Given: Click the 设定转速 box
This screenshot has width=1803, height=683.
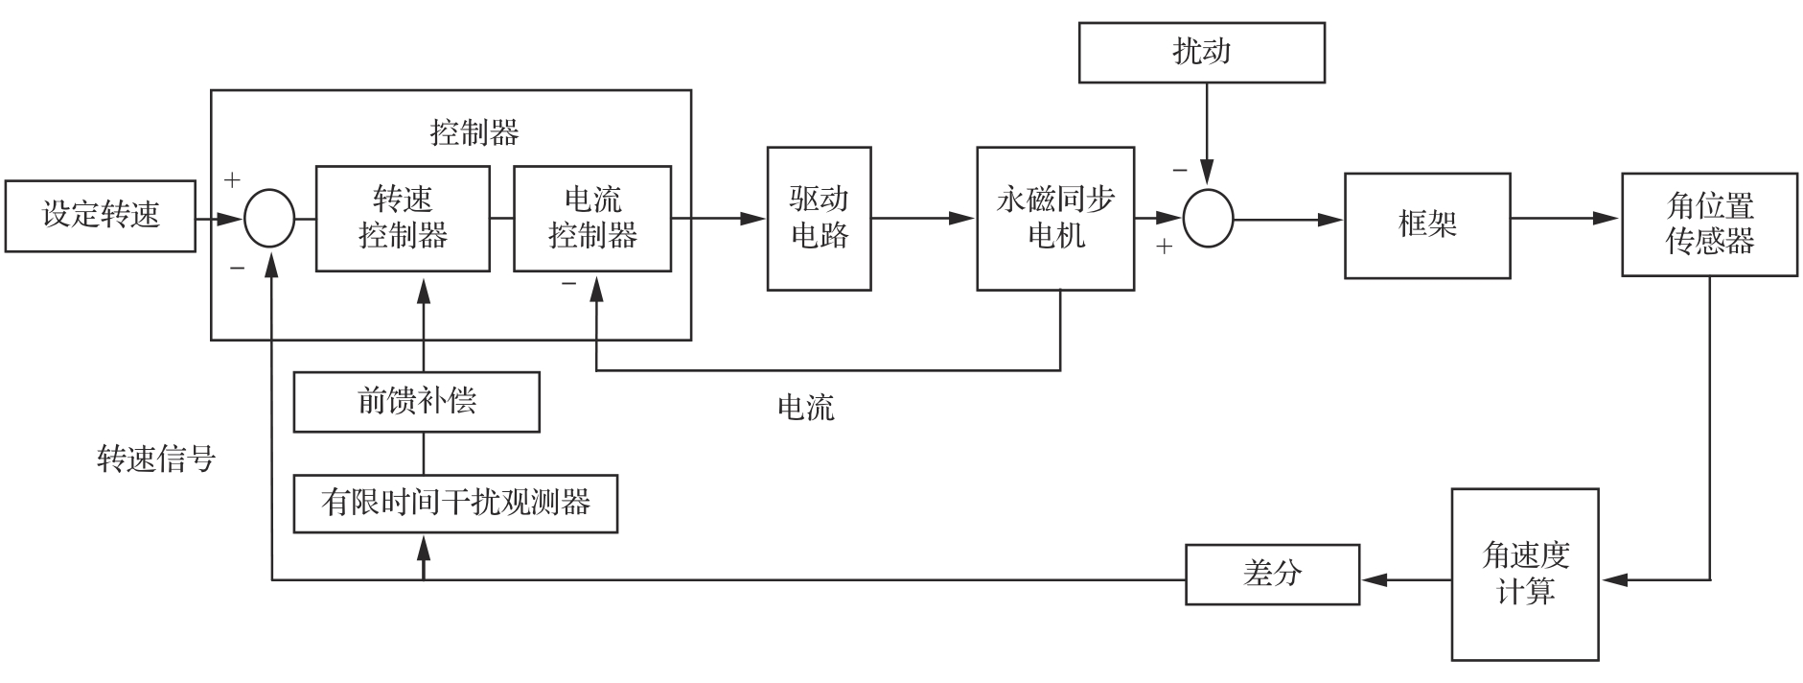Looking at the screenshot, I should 101,216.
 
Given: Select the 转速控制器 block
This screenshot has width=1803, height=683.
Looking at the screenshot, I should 403,219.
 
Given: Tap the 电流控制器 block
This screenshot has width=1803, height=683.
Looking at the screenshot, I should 592,219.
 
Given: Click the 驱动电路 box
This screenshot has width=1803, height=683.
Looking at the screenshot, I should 820,219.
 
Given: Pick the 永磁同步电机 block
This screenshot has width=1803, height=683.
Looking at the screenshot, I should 1055,219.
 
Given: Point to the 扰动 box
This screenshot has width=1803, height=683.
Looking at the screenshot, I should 1202,53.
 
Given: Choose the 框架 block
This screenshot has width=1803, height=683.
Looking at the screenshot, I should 1427,225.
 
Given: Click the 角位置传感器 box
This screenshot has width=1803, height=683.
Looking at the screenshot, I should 1709,224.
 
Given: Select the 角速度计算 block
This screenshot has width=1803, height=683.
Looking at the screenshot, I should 1525,575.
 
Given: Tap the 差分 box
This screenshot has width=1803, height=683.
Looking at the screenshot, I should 1272,575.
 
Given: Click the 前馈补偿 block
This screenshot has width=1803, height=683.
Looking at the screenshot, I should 416,402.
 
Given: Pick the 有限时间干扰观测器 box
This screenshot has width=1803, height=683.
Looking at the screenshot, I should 455,504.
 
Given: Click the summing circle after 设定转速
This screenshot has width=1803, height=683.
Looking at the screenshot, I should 269,219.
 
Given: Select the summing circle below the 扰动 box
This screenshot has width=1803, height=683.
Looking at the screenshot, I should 1208,219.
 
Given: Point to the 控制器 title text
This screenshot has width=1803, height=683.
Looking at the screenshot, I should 474,132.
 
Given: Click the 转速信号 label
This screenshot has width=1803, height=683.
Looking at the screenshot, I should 156,459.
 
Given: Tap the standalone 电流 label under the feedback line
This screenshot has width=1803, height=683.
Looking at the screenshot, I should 805,408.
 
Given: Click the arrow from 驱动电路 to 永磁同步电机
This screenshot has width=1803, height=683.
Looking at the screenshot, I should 924,219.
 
